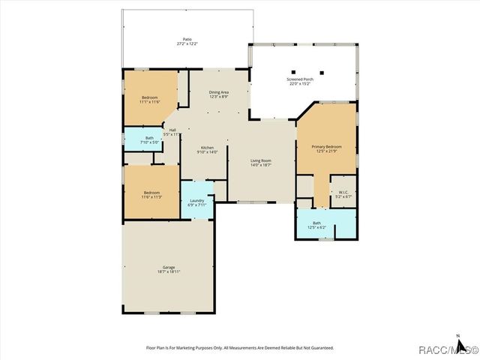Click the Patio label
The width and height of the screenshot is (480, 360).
tap(187, 39)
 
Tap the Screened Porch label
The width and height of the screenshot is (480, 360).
tap(304, 79)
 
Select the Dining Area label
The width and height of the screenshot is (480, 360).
tap(218, 91)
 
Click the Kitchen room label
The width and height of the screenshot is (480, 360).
tap(207, 148)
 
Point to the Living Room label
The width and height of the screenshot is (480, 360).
tap(260, 160)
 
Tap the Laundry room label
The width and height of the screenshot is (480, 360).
tap(197, 200)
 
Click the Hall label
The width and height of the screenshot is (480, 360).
tap(172, 130)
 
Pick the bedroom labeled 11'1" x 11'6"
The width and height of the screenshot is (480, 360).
tap(150, 101)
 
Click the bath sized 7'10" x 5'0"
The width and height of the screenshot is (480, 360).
tap(148, 142)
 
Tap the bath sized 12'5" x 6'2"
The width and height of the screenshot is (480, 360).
tap(317, 226)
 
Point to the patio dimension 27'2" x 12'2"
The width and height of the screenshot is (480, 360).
tap(187, 43)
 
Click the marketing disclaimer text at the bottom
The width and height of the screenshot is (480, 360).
tap(239, 348)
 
